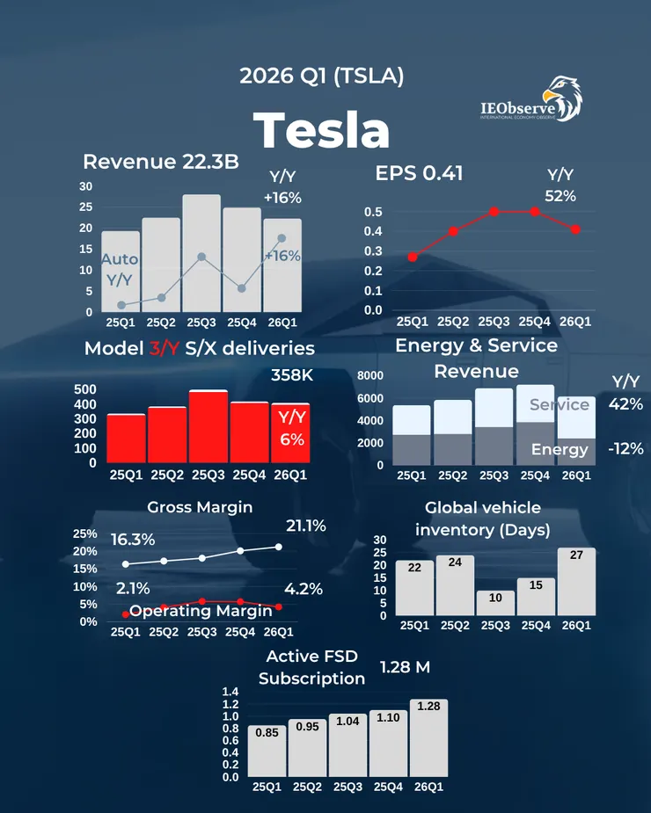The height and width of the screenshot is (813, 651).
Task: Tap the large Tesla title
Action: coord(322,130)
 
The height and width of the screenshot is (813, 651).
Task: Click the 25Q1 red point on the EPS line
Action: coord(413,257)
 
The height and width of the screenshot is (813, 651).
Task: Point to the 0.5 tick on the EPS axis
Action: coord(373,212)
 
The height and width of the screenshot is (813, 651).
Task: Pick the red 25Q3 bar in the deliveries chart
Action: coord(208,426)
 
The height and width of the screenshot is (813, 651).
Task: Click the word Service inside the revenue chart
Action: coord(559,405)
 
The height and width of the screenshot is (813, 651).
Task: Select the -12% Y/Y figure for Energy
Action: coord(625,448)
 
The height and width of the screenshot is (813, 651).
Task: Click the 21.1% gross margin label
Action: coord(306,526)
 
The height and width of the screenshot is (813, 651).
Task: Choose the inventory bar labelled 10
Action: coord(495,603)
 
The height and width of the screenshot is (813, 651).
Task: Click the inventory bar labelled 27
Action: coord(576,582)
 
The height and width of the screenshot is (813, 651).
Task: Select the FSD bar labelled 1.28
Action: coord(428,738)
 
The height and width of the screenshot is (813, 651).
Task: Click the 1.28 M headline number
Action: coord(405,667)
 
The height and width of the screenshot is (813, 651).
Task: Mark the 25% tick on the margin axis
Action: coord(85,534)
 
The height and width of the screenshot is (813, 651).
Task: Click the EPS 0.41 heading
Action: coord(419,173)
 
